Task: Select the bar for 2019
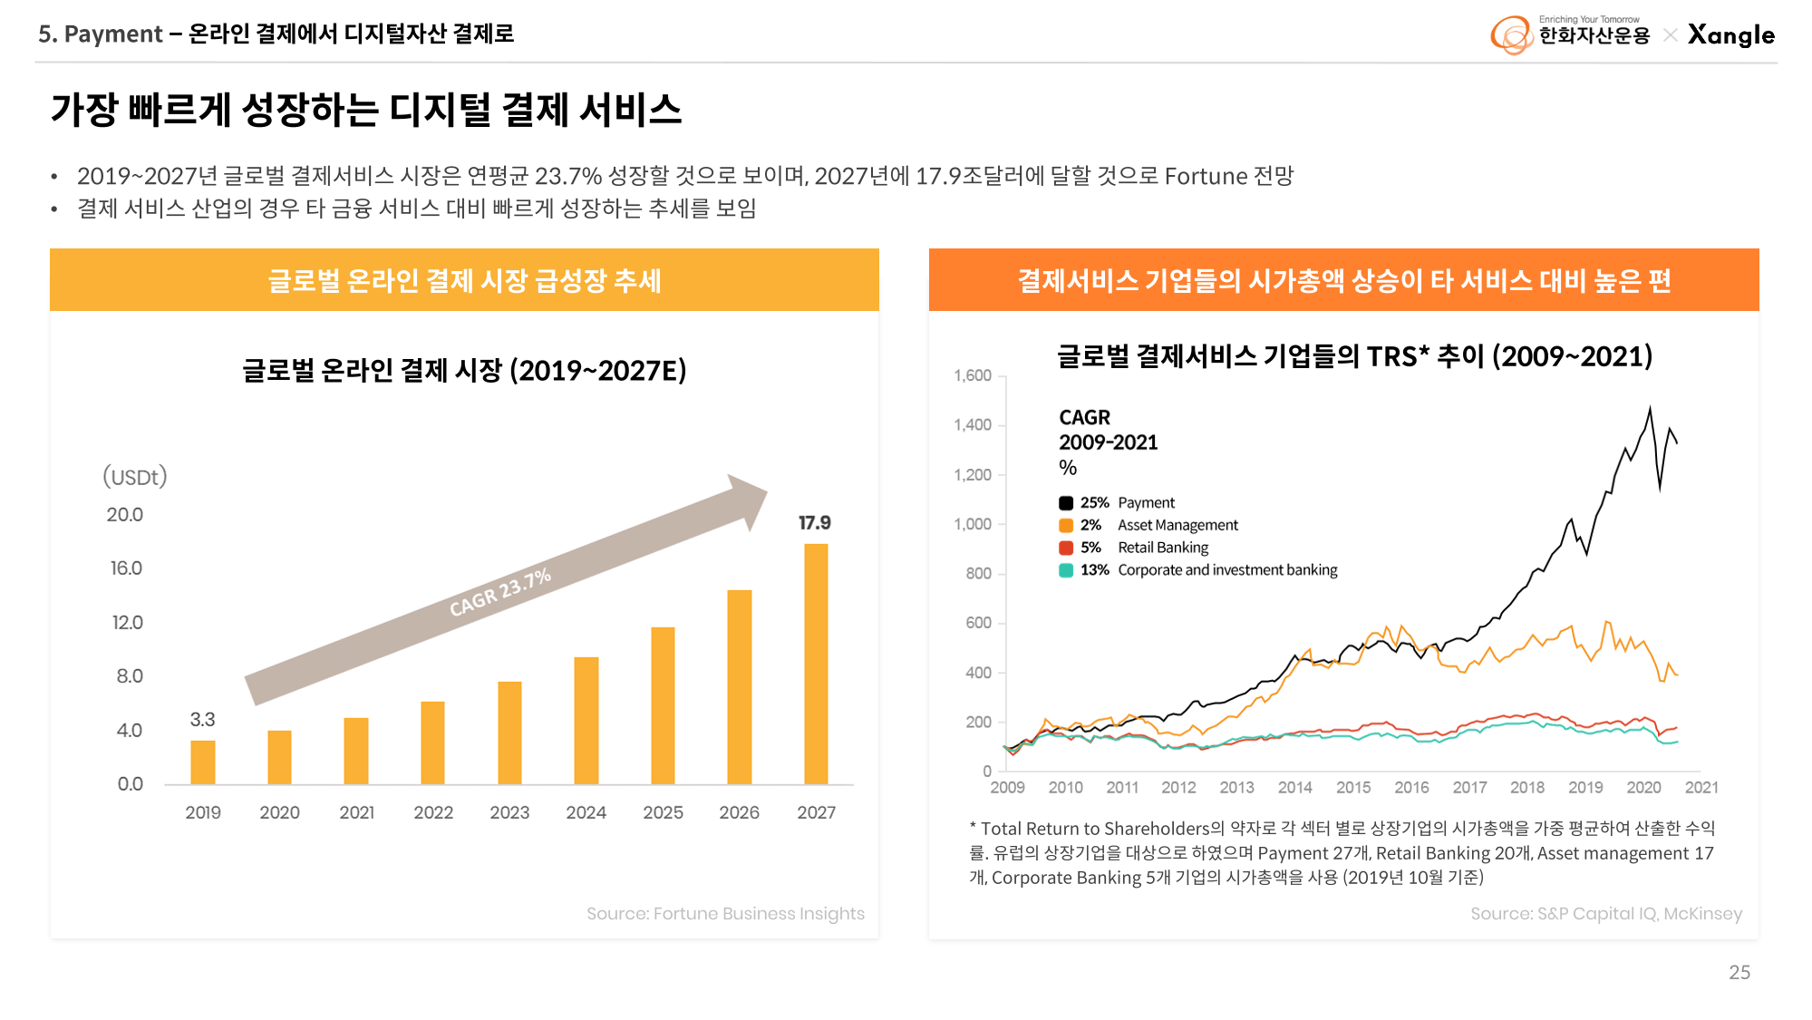pos(203,763)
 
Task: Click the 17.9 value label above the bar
pos(814,523)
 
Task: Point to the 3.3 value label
pos(202,720)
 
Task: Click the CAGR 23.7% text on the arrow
pos(500,593)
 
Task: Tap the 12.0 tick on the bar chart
pos(127,623)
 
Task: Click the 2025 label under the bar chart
pos(663,812)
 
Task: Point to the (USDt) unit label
pos(135,477)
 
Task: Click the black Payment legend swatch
pos(1066,503)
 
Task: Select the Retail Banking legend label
pos(1163,548)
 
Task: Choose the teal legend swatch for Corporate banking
pos(1066,570)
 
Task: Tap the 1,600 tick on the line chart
pos(973,375)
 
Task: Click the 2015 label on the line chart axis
pos(1352,788)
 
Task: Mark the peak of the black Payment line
pos(1650,408)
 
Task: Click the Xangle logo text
pos(1730,35)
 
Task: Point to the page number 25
pos(1739,973)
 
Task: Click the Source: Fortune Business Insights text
pos(725,914)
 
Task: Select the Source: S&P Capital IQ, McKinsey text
pos(1605,914)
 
